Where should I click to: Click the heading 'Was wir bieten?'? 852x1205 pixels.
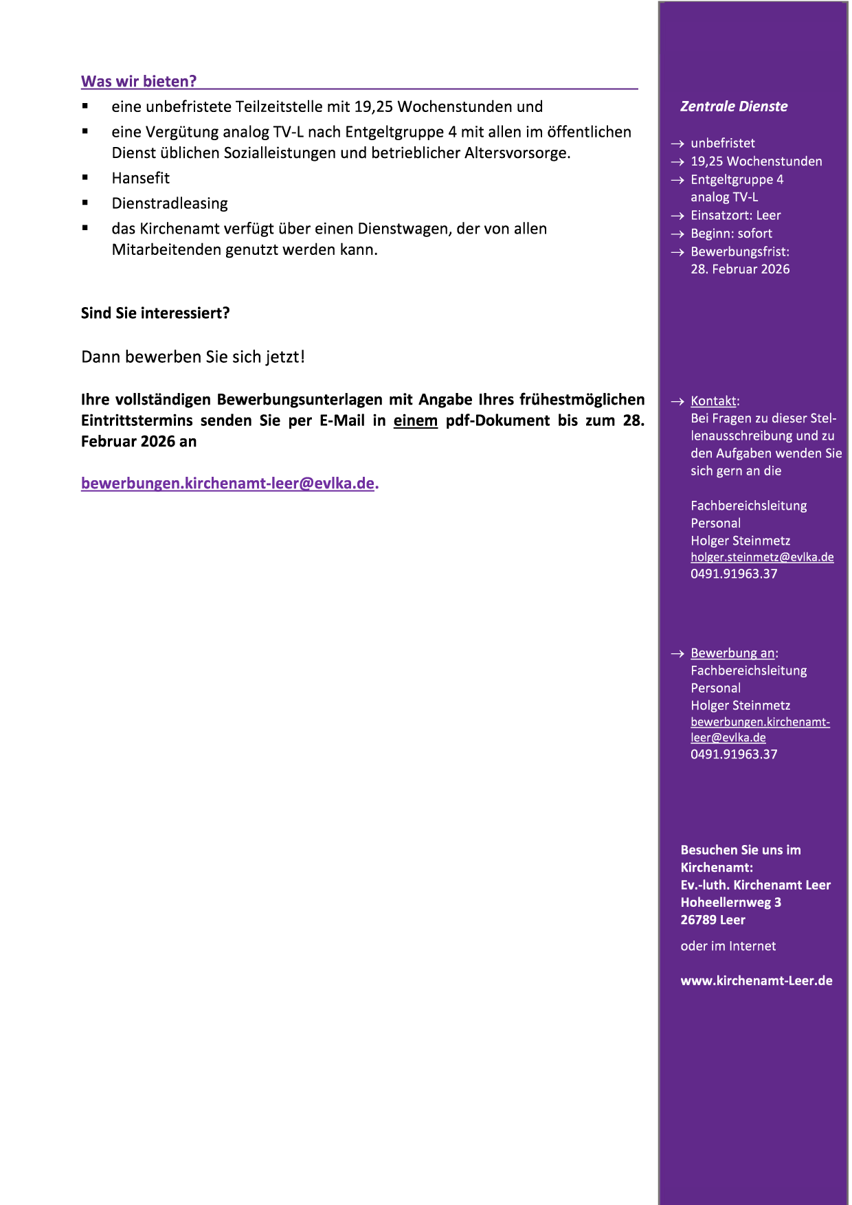[139, 81]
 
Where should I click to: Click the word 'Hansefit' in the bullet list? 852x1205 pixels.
[140, 178]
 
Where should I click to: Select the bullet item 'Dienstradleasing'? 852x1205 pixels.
[170, 203]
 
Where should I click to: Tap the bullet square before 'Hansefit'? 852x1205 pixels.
[85, 177]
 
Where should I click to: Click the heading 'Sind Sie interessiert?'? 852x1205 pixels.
[155, 313]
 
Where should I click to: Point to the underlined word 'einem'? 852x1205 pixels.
[415, 420]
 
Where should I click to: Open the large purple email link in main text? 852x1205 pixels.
[228, 483]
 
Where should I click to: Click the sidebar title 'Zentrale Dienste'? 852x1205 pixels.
[734, 106]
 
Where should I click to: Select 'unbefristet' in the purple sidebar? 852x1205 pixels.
[722, 143]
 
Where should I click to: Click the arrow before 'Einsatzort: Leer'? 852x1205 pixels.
[677, 216]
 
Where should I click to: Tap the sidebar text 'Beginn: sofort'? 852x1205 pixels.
[731, 234]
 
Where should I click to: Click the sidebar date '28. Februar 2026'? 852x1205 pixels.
[740, 269]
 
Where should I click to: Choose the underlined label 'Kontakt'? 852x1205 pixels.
[713, 401]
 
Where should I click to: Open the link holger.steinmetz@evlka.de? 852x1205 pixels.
[762, 557]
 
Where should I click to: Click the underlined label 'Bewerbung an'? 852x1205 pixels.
[732, 653]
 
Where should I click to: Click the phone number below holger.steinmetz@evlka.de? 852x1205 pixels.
[734, 574]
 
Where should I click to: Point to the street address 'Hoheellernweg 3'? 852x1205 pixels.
[730, 902]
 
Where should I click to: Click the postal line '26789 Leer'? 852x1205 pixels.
[713, 920]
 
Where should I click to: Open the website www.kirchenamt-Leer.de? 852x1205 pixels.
[756, 980]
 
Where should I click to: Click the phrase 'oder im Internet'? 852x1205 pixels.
[728, 946]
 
